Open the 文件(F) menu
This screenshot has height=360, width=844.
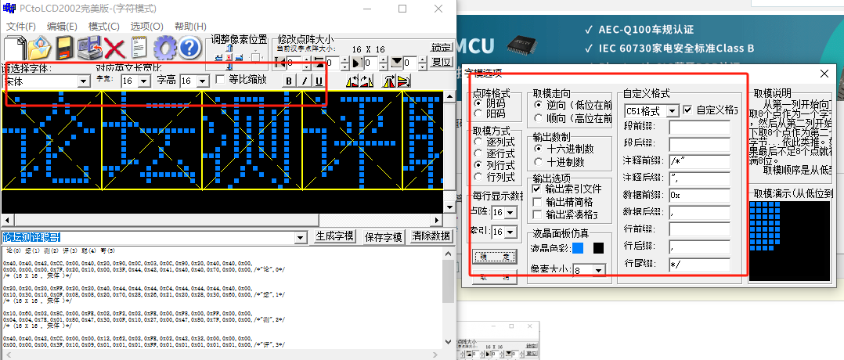click(x=21, y=27)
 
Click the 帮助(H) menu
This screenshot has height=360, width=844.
click(x=190, y=27)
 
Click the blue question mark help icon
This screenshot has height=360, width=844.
click(x=190, y=49)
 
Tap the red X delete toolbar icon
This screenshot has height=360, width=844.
click(x=116, y=49)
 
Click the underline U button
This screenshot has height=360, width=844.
click(x=319, y=81)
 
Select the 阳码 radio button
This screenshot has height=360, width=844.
click(x=478, y=114)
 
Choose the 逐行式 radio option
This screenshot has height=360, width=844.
click(x=478, y=154)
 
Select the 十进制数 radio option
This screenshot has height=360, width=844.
click(x=539, y=162)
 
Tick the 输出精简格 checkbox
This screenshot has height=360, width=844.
click(x=537, y=202)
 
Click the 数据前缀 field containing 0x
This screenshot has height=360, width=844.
click(x=699, y=194)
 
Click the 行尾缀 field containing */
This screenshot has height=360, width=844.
click(x=699, y=265)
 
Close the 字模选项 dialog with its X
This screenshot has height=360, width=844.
click(x=824, y=74)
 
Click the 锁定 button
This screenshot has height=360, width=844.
click(x=442, y=48)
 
